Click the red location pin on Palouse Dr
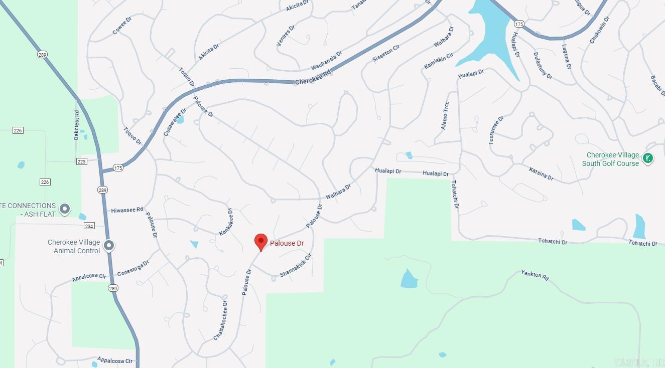[x=261, y=242]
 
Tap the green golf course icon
[x=647, y=159]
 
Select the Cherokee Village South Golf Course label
[x=610, y=159]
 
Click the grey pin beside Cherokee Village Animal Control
[x=109, y=246]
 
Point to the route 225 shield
[x=82, y=161]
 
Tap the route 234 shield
[x=89, y=226]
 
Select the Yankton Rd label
[x=535, y=275]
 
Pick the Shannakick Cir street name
[x=296, y=265]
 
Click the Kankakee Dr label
[x=226, y=222]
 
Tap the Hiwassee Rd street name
[x=127, y=210]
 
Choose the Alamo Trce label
[x=445, y=116]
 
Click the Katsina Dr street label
[x=541, y=174]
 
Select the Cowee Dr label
[x=122, y=26]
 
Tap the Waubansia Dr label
[x=326, y=61]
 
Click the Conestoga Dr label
[x=133, y=268]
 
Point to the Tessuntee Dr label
[x=496, y=131]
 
